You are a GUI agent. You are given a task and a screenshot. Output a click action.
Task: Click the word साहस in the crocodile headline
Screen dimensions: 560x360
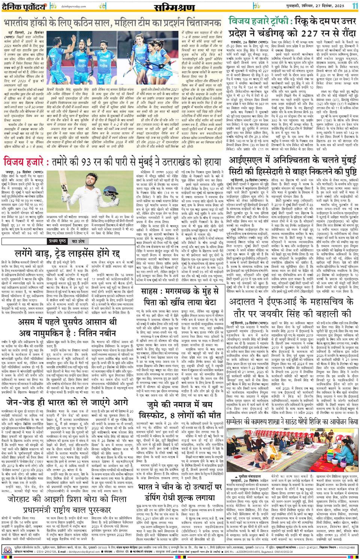pos(152,271)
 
